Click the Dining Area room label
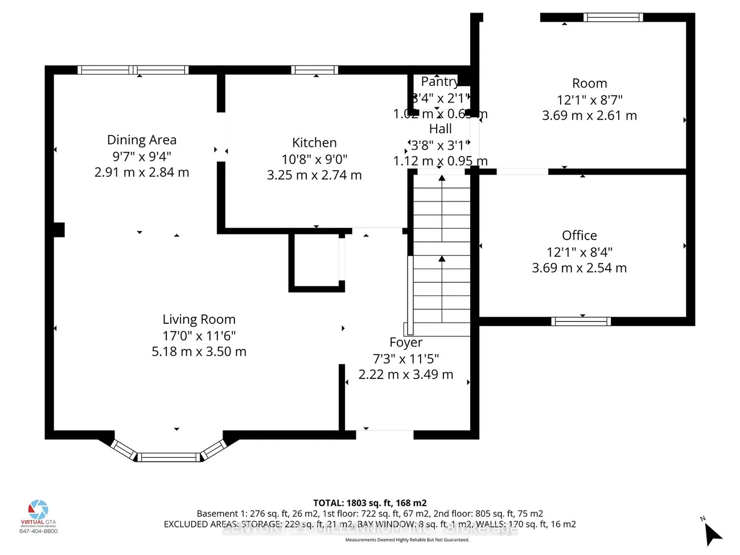[x=142, y=140]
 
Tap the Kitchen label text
[x=314, y=143]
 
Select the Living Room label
[x=199, y=319]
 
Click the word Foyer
[x=406, y=343]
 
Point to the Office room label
[x=579, y=236]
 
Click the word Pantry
[x=439, y=82]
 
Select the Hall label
[x=441, y=129]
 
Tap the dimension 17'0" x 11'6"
[x=199, y=336]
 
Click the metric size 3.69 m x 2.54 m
[x=579, y=268]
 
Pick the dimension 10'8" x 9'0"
[x=314, y=159]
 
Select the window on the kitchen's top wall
[x=314, y=70]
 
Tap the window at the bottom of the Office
[x=581, y=322]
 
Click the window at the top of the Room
[x=614, y=18]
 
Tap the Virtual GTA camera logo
[x=39, y=509]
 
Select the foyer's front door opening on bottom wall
[x=384, y=435]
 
